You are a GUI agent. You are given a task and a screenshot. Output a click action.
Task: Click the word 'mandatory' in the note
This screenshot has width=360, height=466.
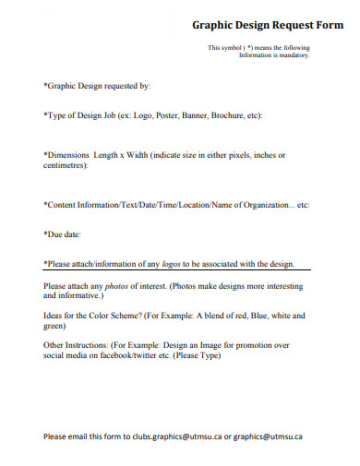point(292,55)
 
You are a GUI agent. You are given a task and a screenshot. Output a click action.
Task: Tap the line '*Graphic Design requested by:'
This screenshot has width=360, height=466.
point(96,87)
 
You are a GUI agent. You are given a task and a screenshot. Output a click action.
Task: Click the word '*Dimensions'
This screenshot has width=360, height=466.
point(67,155)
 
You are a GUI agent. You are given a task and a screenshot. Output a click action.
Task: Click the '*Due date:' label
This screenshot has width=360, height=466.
point(66,234)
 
